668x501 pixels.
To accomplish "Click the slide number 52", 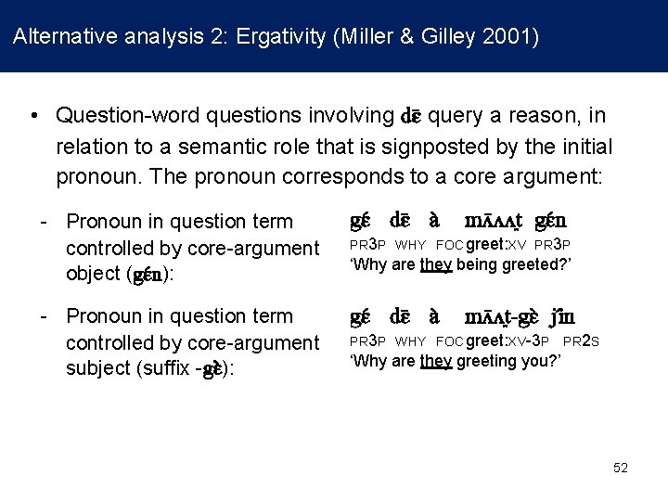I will pos(621,468).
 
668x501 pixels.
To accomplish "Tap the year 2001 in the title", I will pos(509,37).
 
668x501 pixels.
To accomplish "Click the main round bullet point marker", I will pos(33,117).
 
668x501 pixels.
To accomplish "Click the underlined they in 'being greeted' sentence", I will pos(435,265).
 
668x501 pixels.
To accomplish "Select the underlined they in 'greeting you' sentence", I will pos(435,360).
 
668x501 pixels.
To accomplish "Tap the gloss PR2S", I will pos(581,340).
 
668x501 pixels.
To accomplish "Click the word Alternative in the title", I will pos(59,37).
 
